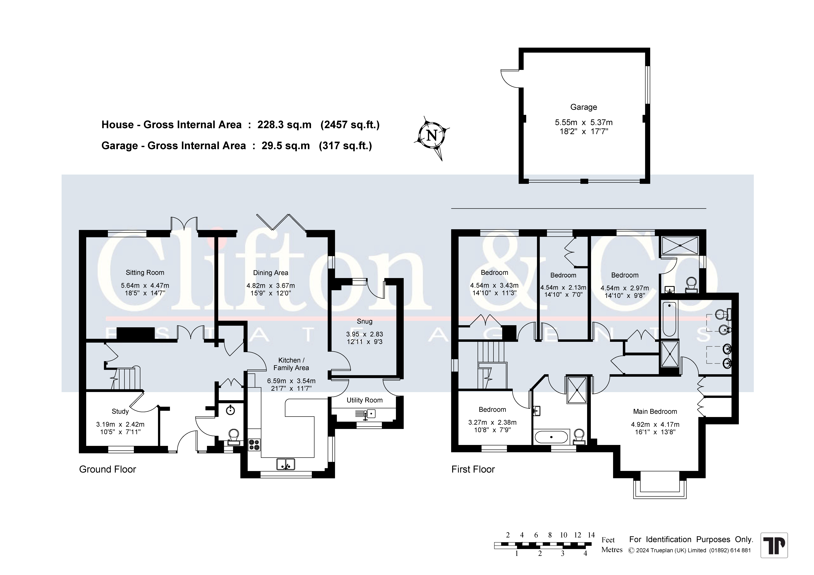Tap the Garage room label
pos(584,107)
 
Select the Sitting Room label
pos(145,272)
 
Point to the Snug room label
pos(364,321)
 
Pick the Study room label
pos(120,411)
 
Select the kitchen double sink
pos(286,464)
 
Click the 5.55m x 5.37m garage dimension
pos(584,122)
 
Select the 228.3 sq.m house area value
pos(284,125)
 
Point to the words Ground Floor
pos(107,469)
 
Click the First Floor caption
pos(473,469)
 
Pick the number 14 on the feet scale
pos(591,535)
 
